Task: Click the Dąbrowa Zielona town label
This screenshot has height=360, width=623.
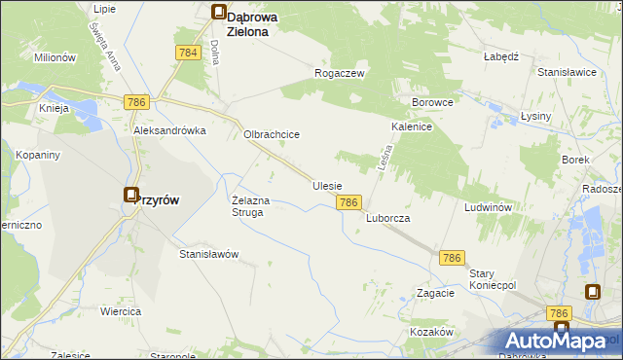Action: tap(255, 23)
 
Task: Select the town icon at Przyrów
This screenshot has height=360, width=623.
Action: tap(130, 196)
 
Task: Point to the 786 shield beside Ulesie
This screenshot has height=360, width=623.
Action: tap(350, 202)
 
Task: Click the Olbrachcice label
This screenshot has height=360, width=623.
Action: tap(271, 135)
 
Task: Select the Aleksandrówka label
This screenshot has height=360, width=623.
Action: tap(170, 130)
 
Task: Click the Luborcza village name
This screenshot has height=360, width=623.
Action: tap(387, 219)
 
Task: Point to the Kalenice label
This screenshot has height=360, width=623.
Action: tap(412, 127)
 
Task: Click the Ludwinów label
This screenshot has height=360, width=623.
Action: tap(488, 208)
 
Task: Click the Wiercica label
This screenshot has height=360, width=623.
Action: tap(121, 311)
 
